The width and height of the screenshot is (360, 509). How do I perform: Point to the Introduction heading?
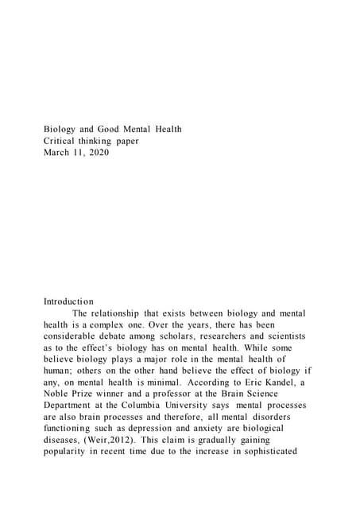tap(69, 301)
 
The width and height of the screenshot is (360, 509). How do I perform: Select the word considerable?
tap(80, 337)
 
